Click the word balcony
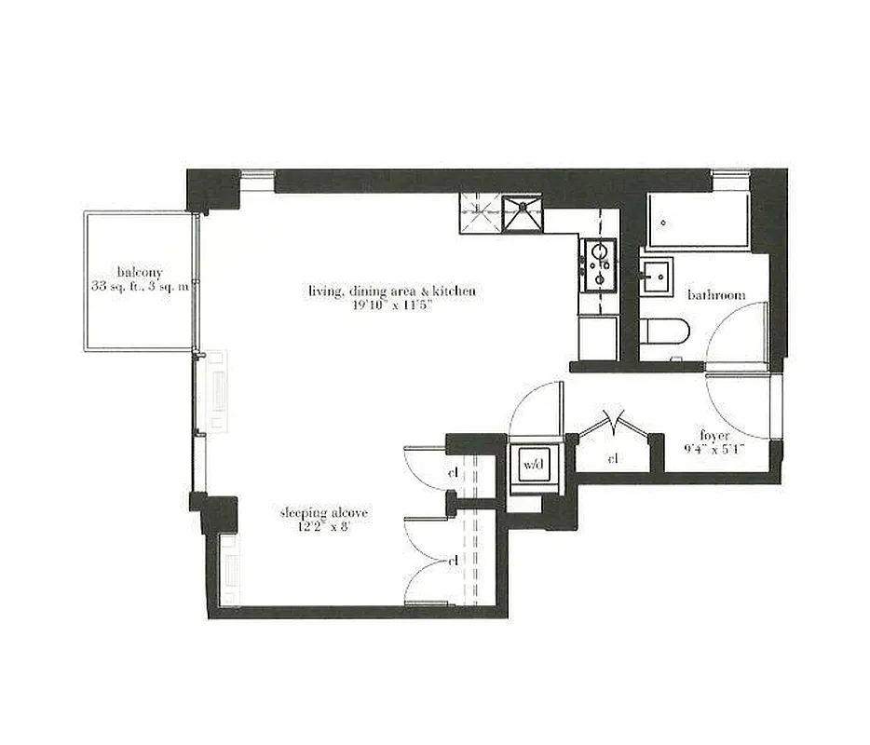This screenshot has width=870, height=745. pyautogui.click(x=139, y=272)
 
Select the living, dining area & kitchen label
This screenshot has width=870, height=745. pyautogui.click(x=392, y=291)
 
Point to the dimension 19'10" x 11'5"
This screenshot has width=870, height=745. pyautogui.click(x=392, y=305)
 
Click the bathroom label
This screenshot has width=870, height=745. pyautogui.click(x=716, y=295)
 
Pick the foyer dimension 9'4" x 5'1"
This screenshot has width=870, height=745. pyautogui.click(x=716, y=449)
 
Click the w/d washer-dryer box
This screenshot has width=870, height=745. pyautogui.click(x=533, y=463)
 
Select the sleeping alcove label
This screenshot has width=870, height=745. pyautogui.click(x=324, y=513)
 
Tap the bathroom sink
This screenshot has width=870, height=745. pyautogui.click(x=658, y=275)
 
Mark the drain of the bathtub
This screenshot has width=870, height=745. pyautogui.click(x=661, y=223)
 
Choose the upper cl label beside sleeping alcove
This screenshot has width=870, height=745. pyautogui.click(x=454, y=473)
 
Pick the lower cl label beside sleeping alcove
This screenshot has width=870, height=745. pyautogui.click(x=454, y=562)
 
